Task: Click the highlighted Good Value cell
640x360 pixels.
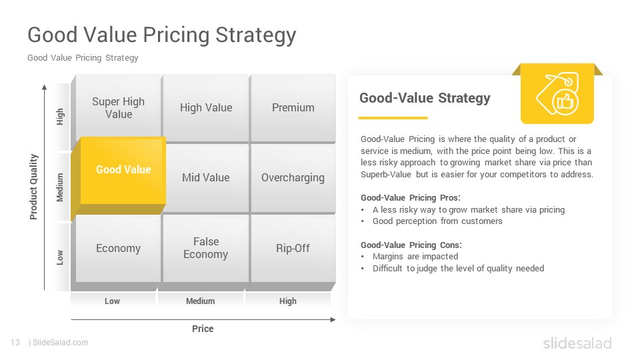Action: click(x=123, y=170)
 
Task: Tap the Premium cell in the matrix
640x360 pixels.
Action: click(x=293, y=108)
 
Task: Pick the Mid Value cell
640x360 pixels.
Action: click(x=206, y=178)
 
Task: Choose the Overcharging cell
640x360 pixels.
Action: click(x=293, y=178)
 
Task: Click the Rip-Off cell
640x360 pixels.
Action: click(x=293, y=248)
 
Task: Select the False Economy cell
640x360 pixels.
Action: click(x=206, y=248)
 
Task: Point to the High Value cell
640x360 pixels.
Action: click(x=206, y=108)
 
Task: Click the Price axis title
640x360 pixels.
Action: click(x=203, y=329)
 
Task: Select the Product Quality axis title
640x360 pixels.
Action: click(x=33, y=187)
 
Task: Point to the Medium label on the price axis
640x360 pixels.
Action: click(x=201, y=301)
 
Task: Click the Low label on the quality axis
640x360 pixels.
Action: click(x=60, y=257)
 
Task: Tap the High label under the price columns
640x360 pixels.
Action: click(x=288, y=301)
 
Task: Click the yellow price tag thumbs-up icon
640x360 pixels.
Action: click(x=557, y=94)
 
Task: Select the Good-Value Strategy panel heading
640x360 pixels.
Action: click(x=425, y=98)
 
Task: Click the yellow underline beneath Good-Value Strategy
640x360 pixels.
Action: click(x=393, y=118)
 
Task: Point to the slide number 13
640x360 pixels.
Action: click(x=15, y=343)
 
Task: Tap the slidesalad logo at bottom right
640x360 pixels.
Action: click(x=577, y=343)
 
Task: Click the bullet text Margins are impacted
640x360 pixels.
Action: click(x=415, y=256)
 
